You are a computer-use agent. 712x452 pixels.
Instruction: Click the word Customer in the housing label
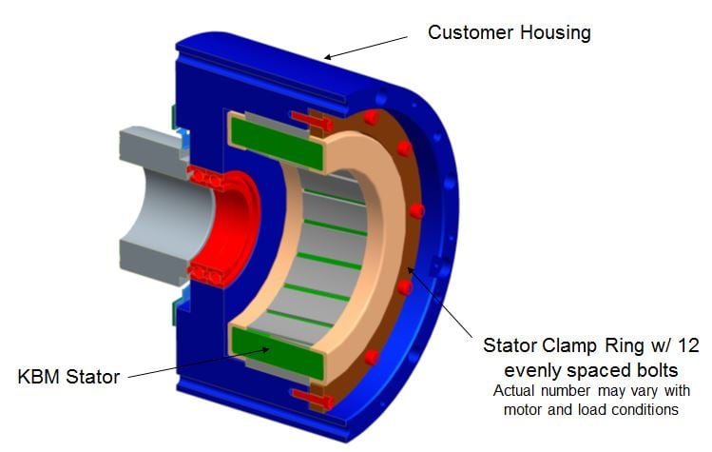click(x=471, y=32)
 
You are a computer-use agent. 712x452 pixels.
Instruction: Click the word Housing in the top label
click(x=555, y=33)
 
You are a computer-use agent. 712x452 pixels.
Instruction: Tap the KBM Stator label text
click(x=68, y=377)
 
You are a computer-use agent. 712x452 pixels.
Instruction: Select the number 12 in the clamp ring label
click(x=688, y=345)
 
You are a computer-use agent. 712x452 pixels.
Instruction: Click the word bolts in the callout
click(x=652, y=370)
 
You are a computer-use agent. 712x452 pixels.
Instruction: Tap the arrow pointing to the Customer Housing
click(x=366, y=49)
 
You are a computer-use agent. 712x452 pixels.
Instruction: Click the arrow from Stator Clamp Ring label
click(x=440, y=303)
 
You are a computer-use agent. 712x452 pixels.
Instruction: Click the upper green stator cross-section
click(x=277, y=142)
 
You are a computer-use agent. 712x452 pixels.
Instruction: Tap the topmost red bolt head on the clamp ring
click(x=372, y=117)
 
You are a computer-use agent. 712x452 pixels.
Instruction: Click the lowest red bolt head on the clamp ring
click(x=372, y=358)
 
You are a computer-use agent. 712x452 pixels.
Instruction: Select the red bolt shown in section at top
click(x=313, y=121)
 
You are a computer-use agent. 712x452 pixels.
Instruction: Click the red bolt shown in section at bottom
click(x=314, y=398)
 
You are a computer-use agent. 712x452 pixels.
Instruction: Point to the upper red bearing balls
click(x=205, y=178)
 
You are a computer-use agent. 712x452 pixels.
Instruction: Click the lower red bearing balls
click(x=206, y=275)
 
